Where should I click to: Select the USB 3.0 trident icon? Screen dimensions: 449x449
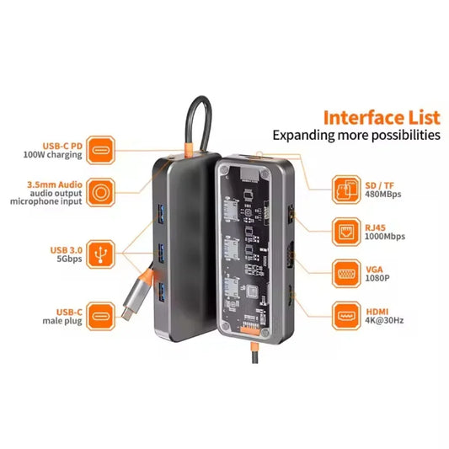point(101,252)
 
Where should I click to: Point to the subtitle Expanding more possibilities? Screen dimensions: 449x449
point(355,135)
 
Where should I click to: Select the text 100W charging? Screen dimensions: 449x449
point(51,155)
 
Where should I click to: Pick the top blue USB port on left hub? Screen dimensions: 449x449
point(158,208)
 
